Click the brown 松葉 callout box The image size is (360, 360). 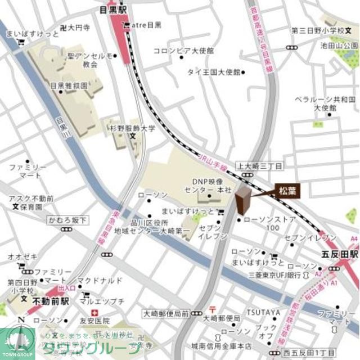(x=287, y=191)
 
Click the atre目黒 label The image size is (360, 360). (x=145, y=25)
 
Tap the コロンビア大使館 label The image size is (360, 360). (x=183, y=51)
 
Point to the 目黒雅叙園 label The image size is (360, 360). (x=69, y=86)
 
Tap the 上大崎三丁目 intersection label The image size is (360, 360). (x=260, y=166)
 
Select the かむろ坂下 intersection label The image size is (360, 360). (x=67, y=220)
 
